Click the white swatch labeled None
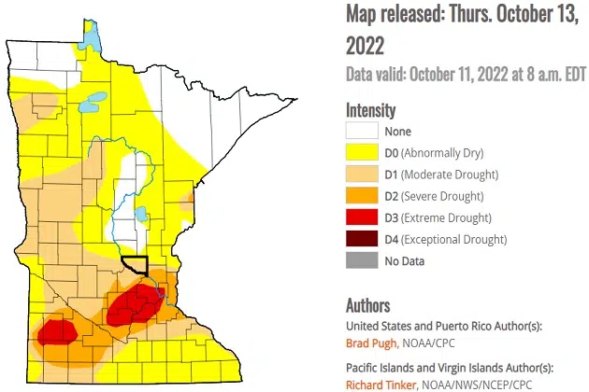click(x=362, y=132)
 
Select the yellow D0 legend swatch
click(x=362, y=153)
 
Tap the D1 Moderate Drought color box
click(x=362, y=175)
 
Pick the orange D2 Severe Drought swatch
click(x=362, y=196)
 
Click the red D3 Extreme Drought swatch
click(x=362, y=217)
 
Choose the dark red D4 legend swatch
click(x=362, y=239)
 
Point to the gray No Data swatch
click(x=362, y=260)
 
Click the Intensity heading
click(x=370, y=109)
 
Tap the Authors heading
click(x=367, y=305)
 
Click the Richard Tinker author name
click(x=382, y=383)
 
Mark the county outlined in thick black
click(x=136, y=264)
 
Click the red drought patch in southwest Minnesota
click(x=57, y=331)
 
